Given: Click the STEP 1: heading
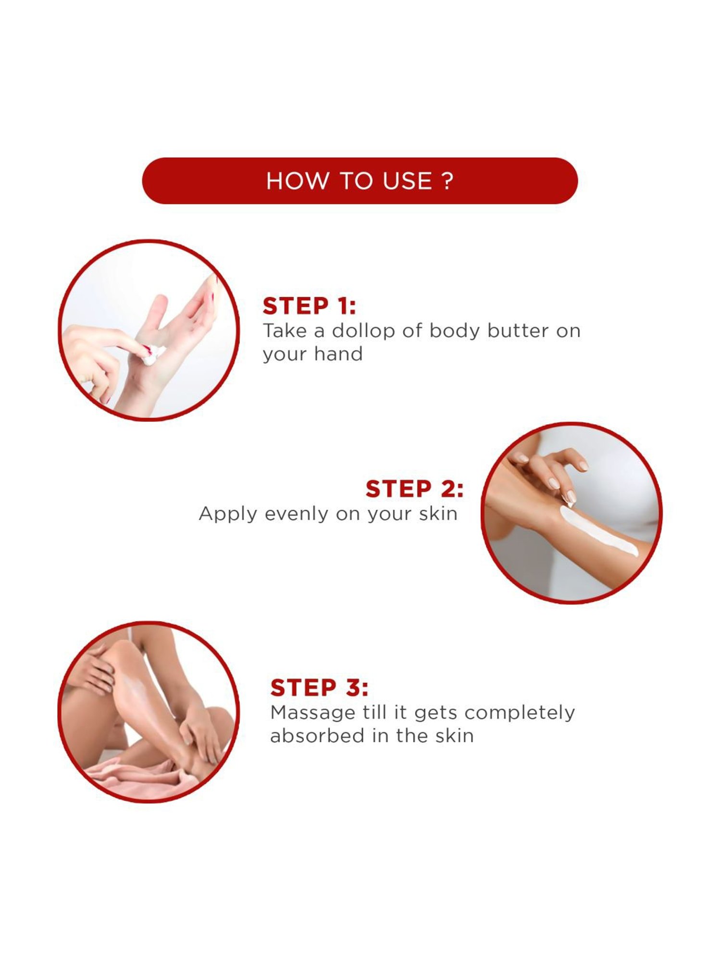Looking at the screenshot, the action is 309,306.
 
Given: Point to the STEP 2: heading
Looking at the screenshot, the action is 414,489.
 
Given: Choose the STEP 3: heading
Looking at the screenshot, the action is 319,688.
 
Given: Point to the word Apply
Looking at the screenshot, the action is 228,515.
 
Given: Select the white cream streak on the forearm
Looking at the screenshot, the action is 597,531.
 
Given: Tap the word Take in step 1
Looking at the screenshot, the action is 285,331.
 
